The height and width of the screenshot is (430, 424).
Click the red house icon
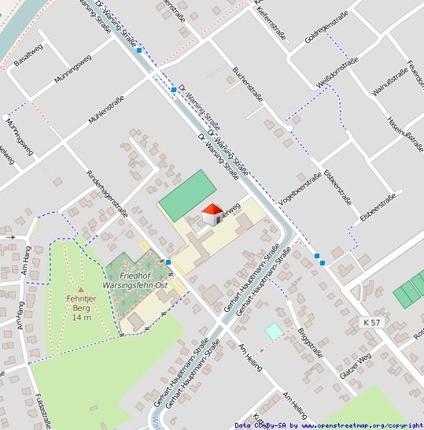[x=212, y=213]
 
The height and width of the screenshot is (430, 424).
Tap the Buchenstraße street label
[x=247, y=85]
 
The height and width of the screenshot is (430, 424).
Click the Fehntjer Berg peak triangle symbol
[x=80, y=290]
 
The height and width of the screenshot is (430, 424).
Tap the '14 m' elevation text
[x=81, y=318]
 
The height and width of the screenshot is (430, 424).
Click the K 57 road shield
[x=374, y=323]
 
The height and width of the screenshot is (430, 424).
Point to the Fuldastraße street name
[x=43, y=410]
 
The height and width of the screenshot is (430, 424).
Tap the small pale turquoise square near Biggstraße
[x=273, y=332]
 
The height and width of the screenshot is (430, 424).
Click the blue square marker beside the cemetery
[x=168, y=262]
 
